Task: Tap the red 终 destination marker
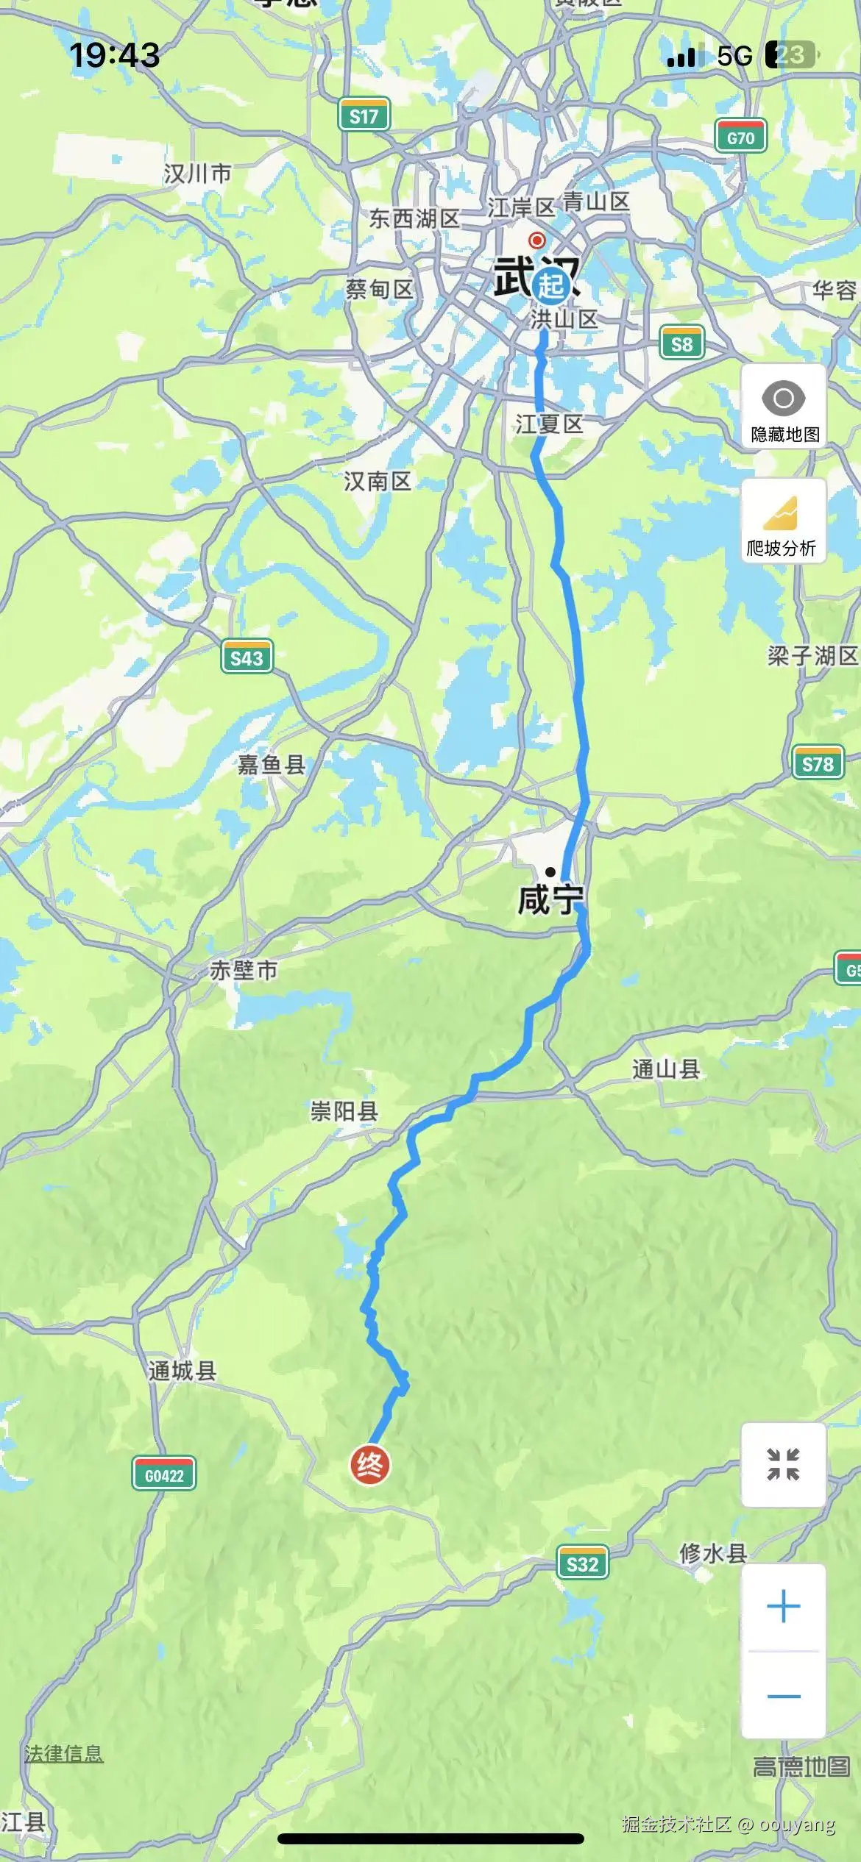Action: (369, 1465)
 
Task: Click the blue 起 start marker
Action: (551, 284)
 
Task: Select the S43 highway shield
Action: (247, 657)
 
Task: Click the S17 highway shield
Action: (364, 115)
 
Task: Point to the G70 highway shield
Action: (740, 138)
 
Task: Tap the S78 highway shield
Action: (818, 764)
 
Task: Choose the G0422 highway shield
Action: (164, 1475)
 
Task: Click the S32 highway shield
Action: (582, 1563)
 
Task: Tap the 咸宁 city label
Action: (550, 900)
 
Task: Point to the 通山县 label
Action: (665, 1069)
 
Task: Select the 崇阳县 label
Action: (344, 1110)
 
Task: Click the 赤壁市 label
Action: (244, 970)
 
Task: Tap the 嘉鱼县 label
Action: (271, 765)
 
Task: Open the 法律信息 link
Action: (64, 1754)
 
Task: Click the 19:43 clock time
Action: (114, 55)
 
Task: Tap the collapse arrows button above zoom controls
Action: (783, 1464)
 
